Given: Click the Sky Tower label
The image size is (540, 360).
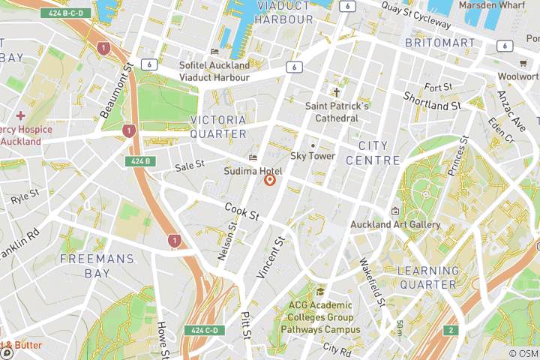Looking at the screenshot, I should (x=312, y=156).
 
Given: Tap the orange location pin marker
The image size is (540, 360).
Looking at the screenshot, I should (x=270, y=180).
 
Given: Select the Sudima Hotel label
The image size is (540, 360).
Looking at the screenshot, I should (x=253, y=171).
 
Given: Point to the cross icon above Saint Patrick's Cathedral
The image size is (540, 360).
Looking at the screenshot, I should (x=337, y=93).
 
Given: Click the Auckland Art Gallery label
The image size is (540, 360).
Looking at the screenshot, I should (x=395, y=224).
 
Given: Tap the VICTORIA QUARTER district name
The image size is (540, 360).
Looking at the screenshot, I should (x=218, y=127).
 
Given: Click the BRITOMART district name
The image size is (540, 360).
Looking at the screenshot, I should (x=439, y=43).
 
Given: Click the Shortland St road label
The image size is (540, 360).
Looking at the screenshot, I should (x=431, y=100).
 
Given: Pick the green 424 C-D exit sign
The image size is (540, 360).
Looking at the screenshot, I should (x=204, y=330).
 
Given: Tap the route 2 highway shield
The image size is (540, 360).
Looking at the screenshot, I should (x=450, y=330).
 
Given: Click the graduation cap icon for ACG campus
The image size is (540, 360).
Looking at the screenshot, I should (x=320, y=292).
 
